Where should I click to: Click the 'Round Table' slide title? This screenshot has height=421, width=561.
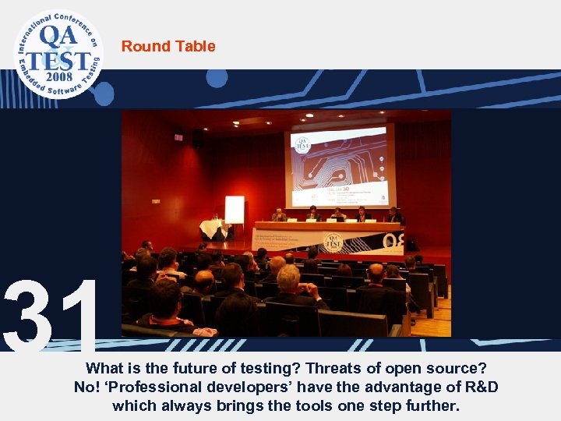(x=168, y=46)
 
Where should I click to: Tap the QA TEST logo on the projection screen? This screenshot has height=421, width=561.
(x=302, y=144)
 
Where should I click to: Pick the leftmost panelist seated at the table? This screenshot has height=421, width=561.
(x=278, y=214)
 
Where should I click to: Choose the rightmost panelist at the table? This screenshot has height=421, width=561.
(x=393, y=214)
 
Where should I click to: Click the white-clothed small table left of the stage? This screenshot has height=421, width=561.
(x=211, y=228)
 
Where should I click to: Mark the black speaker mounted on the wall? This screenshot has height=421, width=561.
(x=197, y=138)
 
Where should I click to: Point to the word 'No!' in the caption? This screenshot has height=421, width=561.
(x=86, y=386)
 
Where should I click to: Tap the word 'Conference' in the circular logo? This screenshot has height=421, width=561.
(x=74, y=20)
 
